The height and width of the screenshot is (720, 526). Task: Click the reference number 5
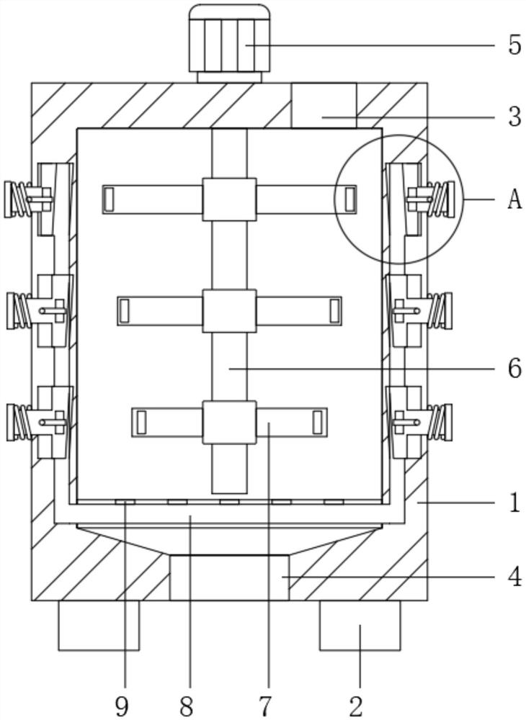click(x=514, y=45)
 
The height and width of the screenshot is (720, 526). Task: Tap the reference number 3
click(x=514, y=117)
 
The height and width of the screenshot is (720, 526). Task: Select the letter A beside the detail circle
click(x=514, y=199)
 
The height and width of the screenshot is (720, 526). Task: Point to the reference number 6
click(x=514, y=368)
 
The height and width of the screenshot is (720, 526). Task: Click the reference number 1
click(x=514, y=503)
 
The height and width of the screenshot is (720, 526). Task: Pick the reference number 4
click(x=514, y=576)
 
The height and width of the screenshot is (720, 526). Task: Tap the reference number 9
click(x=122, y=706)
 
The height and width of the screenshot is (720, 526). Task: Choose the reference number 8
click(x=187, y=706)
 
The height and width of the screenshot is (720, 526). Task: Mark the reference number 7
click(x=266, y=706)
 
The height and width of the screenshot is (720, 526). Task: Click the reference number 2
click(x=356, y=706)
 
